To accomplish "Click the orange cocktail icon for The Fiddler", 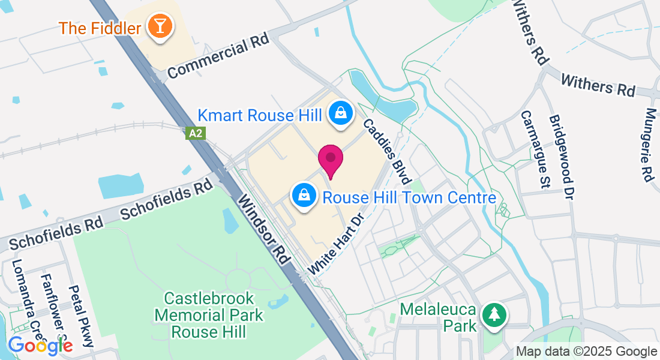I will point(160,27).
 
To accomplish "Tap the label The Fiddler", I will point(100,28).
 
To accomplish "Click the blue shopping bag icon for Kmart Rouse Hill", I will point(340,112).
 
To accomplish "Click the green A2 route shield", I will point(196,133).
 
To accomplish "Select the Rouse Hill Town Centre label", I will point(409,197).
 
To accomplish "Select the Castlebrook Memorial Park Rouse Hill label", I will point(209,314).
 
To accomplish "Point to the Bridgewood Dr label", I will point(561,155).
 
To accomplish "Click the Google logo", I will point(40,345).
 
